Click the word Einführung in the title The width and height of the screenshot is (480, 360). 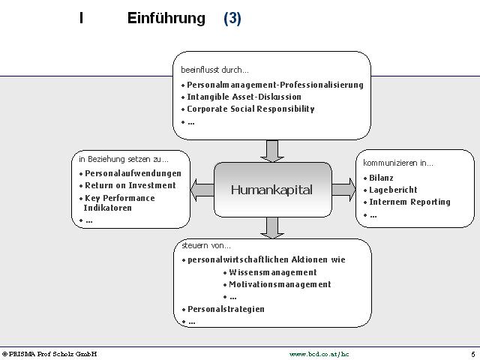[x=166, y=18]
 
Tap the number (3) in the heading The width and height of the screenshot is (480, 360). [x=232, y=18]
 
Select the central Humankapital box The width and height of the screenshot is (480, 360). [x=272, y=190]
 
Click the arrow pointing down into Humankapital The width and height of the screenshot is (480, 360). [x=272, y=151]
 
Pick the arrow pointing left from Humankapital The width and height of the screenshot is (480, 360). [x=202, y=190]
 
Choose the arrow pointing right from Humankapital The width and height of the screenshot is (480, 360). [x=343, y=190]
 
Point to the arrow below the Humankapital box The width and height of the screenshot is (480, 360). [x=272, y=228]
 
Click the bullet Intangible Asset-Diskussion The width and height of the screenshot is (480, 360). [x=244, y=97]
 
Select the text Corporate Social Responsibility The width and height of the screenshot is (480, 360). [x=250, y=109]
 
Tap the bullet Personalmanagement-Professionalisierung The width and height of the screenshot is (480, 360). [x=275, y=85]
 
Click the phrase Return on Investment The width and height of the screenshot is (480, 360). [x=130, y=185]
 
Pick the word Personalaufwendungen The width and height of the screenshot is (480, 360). [x=133, y=173]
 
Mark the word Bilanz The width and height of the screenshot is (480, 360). [x=381, y=178]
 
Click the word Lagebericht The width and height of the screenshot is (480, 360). [x=393, y=190]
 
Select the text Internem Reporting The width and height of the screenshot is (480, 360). [x=410, y=202]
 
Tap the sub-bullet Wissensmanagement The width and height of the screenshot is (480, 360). [x=273, y=272]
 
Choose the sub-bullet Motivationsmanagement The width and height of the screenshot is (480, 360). [x=280, y=284]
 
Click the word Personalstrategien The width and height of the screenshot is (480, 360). [x=226, y=309]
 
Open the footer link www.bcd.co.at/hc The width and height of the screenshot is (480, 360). [x=319, y=354]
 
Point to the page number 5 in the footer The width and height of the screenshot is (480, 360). [x=473, y=355]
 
